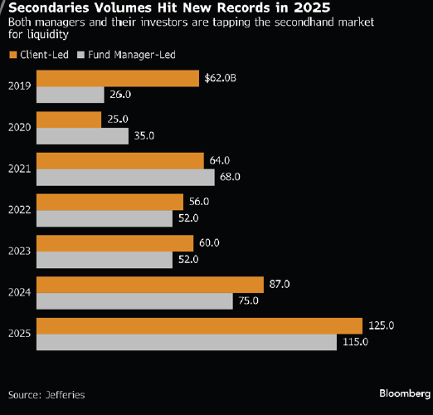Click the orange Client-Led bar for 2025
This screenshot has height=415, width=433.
200,325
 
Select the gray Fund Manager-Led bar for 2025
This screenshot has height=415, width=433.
187,342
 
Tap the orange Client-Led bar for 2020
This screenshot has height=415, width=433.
70,120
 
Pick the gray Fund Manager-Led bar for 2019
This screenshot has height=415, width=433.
71,95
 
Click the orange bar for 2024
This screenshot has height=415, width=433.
150,284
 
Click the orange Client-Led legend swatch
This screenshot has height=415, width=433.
13,55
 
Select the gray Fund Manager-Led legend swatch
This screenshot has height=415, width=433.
80,55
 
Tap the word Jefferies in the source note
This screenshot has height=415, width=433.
65,394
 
